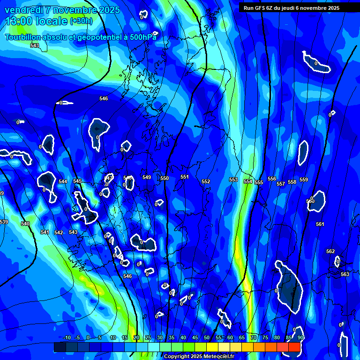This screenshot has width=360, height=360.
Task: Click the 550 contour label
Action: point(164,179)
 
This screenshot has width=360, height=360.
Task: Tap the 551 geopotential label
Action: point(184,177)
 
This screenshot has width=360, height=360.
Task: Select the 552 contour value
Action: point(206,181)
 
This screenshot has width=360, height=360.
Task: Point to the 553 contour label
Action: point(233,180)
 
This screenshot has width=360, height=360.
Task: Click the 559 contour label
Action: point(304,180)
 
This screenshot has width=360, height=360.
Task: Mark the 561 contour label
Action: point(320,225)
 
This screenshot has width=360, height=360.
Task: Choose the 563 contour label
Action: point(345,274)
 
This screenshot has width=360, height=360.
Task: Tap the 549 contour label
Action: point(147,178)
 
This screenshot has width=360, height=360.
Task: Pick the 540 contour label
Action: point(25,224)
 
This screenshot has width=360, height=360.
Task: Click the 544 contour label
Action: point(63,181)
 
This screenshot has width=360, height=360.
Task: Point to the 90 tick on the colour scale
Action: point(300,337)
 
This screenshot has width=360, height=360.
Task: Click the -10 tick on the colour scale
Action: point(67,337)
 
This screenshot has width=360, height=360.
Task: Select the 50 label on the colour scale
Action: point(207,337)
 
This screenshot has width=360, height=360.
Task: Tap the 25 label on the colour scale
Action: point(148,337)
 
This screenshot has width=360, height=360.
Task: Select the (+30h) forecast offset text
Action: point(81,21)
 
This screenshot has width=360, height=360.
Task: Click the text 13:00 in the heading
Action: point(19,21)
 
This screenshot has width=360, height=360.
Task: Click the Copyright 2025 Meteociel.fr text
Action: point(199,356)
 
